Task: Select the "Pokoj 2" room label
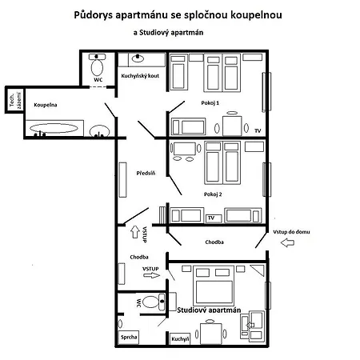point(212,194)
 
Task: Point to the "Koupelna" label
point(46,105)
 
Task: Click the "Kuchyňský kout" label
point(139,76)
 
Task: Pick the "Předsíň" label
point(145,173)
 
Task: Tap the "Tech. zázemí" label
point(12,98)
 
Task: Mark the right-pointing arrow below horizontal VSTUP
point(151,276)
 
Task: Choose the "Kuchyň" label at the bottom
point(179,339)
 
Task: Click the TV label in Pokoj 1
point(258,130)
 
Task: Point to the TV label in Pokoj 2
point(211,218)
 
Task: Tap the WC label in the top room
point(98,80)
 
